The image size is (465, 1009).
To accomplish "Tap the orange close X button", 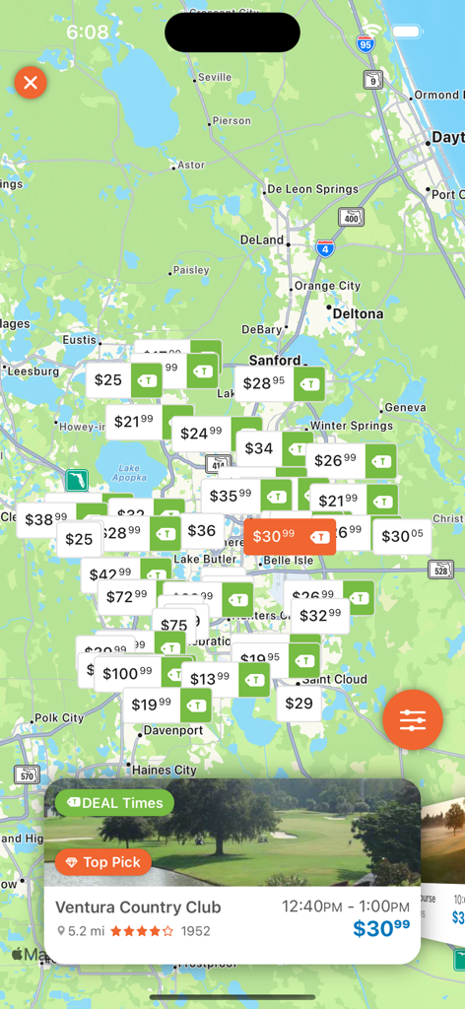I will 31,82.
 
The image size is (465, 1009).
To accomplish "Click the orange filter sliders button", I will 413,720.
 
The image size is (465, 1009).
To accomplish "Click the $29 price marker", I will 299,704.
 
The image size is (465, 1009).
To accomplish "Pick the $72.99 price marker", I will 125,596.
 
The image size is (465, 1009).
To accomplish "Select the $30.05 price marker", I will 402,537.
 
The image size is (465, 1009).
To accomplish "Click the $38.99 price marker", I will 45,519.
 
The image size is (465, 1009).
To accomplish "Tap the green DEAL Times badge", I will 114,803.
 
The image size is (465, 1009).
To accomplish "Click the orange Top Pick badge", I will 103,863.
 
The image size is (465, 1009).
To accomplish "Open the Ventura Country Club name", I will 138,908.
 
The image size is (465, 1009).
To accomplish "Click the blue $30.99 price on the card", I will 381,928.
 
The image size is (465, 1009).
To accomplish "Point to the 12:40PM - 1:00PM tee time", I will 345,907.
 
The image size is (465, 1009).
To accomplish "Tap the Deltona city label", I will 357,314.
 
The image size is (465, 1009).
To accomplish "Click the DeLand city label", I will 261,239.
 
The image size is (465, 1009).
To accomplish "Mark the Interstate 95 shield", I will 365,43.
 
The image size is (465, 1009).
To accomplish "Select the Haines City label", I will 165,770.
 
